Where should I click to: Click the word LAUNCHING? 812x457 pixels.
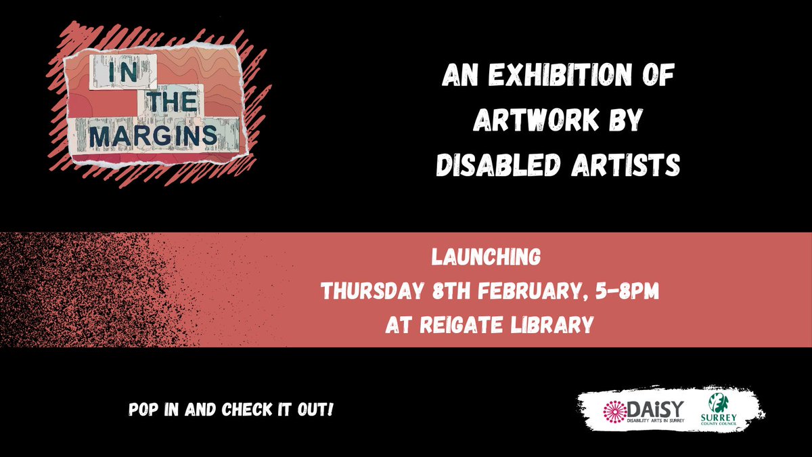tap(489, 258)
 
